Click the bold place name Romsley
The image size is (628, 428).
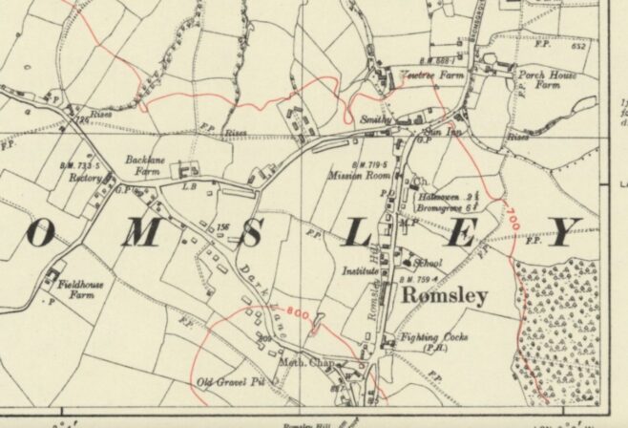coord(447,296)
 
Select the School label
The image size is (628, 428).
coord(429,263)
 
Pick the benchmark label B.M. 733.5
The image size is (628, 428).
coord(79,166)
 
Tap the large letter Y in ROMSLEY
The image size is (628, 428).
coord(565,232)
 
